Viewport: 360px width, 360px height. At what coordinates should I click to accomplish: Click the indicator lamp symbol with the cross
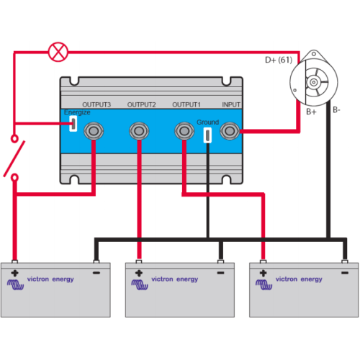tap(58, 52)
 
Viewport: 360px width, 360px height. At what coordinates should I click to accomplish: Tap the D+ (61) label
tap(279, 60)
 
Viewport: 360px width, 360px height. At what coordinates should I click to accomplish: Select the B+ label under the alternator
tap(311, 112)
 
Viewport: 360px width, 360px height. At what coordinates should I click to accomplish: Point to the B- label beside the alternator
tap(336, 110)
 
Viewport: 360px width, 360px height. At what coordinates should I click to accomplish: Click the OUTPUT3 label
tap(96, 104)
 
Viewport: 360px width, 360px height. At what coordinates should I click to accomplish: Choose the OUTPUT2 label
tap(141, 104)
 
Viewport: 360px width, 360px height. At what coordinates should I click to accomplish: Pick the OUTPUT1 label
tap(186, 104)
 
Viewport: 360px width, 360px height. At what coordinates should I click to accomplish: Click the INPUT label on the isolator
tap(231, 104)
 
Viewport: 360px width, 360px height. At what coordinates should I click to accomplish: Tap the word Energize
tap(77, 112)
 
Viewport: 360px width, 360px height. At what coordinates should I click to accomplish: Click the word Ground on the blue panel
tap(207, 122)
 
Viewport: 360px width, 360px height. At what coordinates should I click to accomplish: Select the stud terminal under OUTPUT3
tap(94, 131)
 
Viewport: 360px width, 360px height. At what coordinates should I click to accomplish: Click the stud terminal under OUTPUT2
tap(139, 131)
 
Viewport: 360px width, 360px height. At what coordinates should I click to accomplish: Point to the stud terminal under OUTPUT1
tap(184, 131)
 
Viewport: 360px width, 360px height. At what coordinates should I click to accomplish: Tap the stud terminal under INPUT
tap(230, 131)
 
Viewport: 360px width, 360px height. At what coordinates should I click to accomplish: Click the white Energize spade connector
tap(73, 124)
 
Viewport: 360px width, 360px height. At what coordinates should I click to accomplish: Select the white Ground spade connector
tap(207, 135)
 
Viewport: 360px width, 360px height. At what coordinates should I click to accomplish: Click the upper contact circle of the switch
tap(14, 139)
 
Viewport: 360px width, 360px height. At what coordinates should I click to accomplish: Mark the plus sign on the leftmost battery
tap(14, 273)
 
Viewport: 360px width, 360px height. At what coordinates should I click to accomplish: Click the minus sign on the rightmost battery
tap(345, 273)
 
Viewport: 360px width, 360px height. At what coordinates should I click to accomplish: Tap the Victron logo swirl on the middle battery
tap(140, 284)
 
